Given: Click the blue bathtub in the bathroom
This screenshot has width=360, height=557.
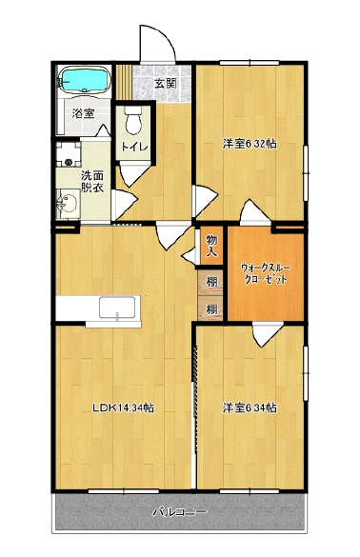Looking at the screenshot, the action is click(85, 80).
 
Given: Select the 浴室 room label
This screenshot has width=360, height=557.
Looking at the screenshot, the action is click(83, 113).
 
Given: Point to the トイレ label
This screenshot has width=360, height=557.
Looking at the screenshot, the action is click(134, 147).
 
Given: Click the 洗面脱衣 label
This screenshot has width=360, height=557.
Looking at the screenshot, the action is click(92, 182).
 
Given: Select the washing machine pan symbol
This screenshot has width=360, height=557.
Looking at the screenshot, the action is click(69, 154).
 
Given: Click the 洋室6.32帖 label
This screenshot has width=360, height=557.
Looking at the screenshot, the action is click(250, 144).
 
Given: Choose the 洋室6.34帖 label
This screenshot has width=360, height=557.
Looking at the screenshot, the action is click(250, 408).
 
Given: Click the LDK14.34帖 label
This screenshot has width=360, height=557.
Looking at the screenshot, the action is click(123, 408).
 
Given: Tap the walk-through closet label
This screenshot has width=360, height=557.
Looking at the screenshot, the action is click(266, 273).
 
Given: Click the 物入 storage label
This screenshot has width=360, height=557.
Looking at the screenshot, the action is click(211, 246).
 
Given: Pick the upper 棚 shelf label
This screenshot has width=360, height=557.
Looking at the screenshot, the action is click(211, 282).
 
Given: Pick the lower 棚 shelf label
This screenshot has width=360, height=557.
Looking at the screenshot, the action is click(211, 309).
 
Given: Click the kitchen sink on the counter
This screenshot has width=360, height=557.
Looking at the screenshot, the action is click(117, 308).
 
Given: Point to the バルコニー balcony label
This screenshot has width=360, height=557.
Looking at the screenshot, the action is click(179, 512).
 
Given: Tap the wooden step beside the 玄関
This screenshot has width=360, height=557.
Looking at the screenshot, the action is click(124, 82).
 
